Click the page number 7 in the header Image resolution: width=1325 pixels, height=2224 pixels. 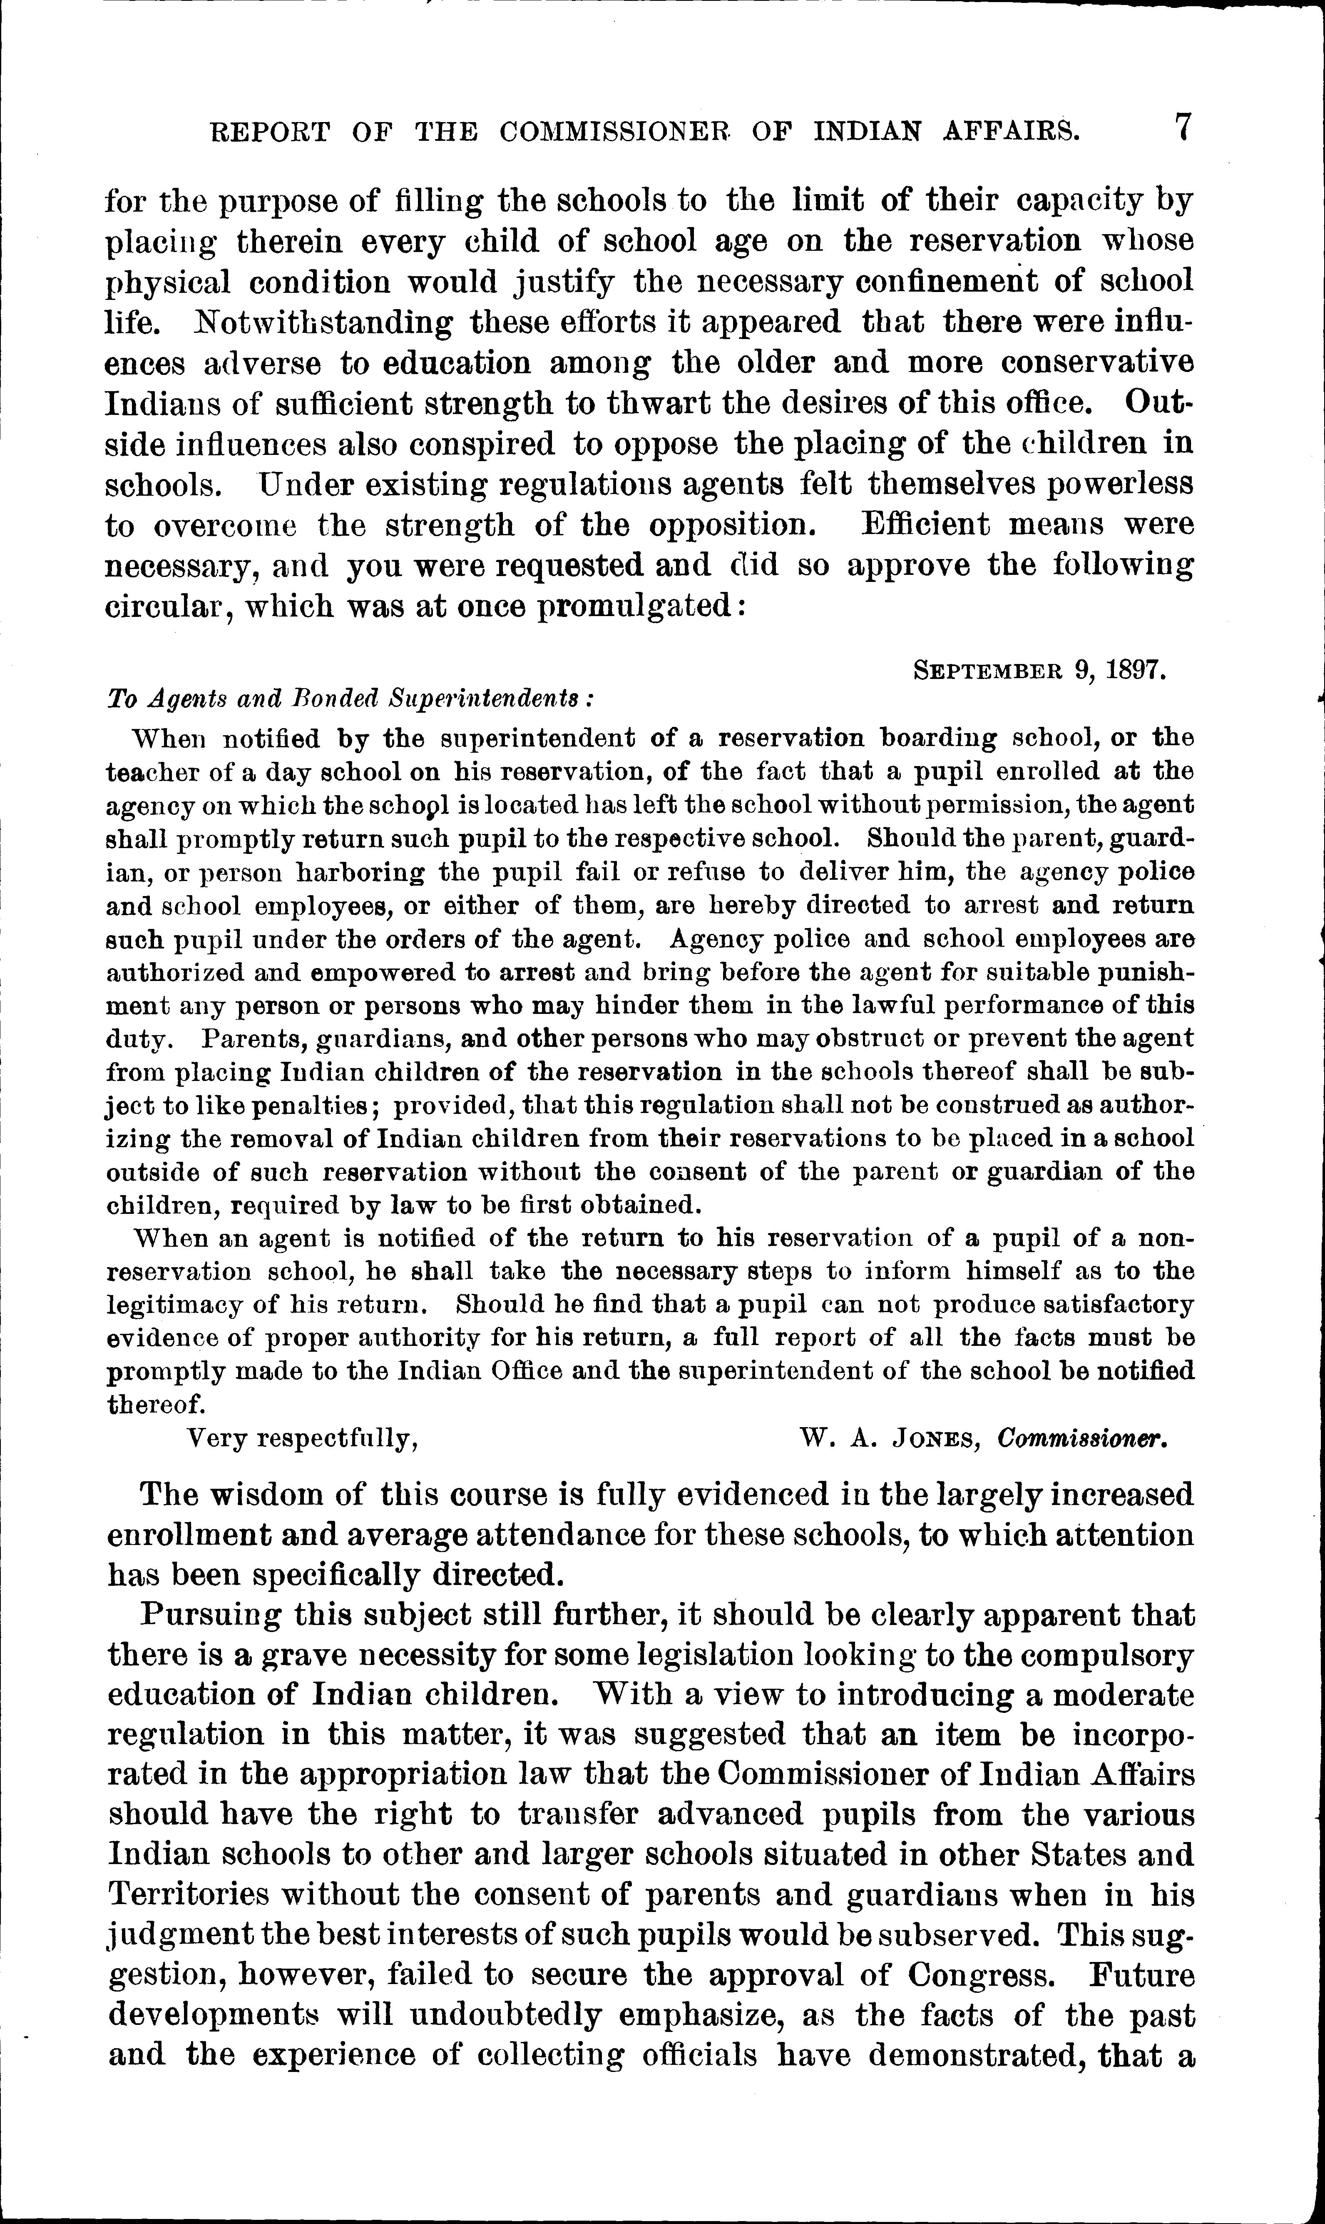click(x=1181, y=128)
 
